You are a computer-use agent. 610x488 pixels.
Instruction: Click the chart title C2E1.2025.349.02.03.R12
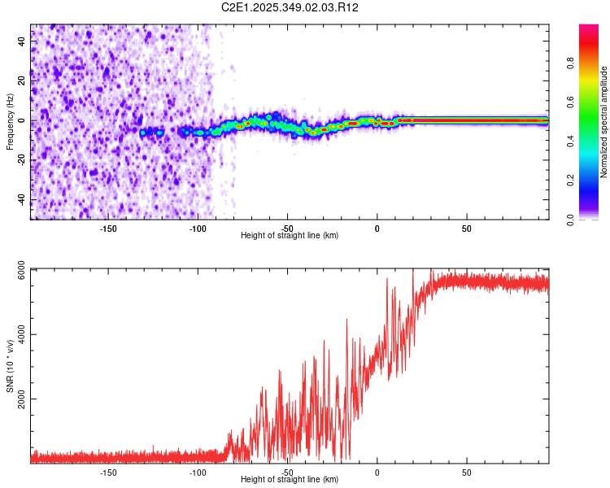[290, 7]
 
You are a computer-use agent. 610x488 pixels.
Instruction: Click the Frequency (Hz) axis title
[10, 121]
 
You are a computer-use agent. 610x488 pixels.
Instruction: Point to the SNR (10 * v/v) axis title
[10, 366]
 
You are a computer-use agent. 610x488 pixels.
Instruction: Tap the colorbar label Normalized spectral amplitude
[604, 122]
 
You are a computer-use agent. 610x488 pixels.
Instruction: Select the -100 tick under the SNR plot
[198, 471]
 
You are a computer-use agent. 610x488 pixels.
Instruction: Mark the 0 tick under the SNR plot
[377, 471]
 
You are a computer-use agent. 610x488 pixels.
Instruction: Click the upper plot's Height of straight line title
[290, 235]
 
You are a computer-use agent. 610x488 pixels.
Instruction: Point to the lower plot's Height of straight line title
[290, 479]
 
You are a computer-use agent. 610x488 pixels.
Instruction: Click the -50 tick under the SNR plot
[287, 471]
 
